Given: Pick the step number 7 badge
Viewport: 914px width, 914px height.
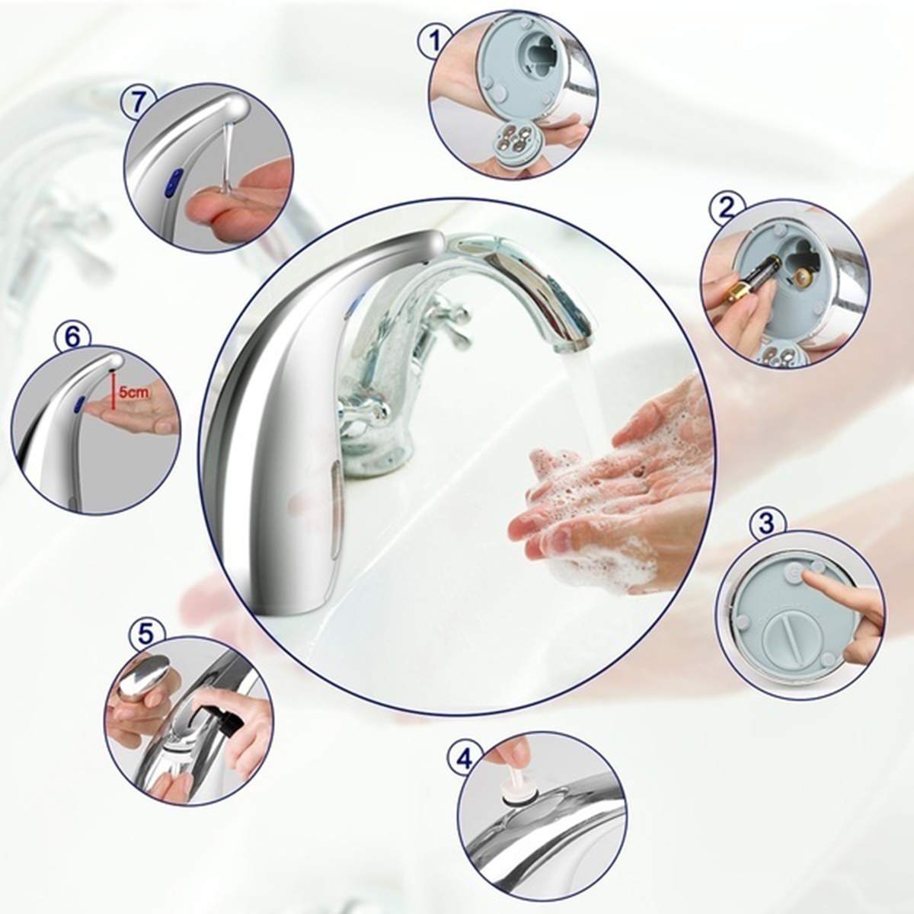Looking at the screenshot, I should point(139,103).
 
